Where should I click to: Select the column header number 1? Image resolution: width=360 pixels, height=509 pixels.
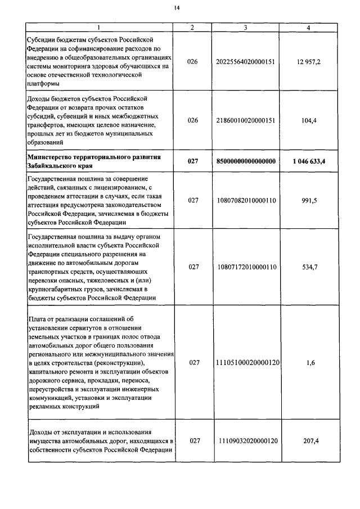pos(99,28)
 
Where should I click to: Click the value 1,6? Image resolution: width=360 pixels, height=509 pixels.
pos(310,363)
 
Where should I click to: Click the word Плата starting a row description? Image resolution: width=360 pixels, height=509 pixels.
pos(37,318)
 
